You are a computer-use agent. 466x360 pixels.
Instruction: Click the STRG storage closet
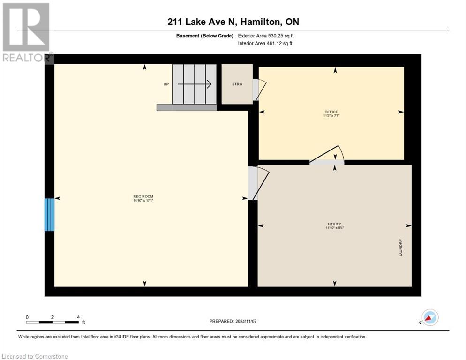click(237, 84)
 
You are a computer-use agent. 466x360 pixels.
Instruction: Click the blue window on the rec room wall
click(49, 215)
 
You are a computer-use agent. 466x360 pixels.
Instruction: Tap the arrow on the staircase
click(195, 84)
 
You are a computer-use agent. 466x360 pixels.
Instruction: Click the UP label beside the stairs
click(166, 84)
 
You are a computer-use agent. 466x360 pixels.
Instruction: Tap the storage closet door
click(258, 89)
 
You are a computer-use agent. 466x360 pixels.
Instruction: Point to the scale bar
click(53, 322)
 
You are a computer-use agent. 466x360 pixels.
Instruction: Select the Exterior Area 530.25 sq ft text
click(266, 36)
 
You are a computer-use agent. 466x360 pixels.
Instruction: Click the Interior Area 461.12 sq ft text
click(265, 44)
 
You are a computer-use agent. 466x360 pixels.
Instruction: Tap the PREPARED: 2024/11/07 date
click(233, 321)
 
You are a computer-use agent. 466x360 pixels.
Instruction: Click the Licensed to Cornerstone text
click(35, 356)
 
